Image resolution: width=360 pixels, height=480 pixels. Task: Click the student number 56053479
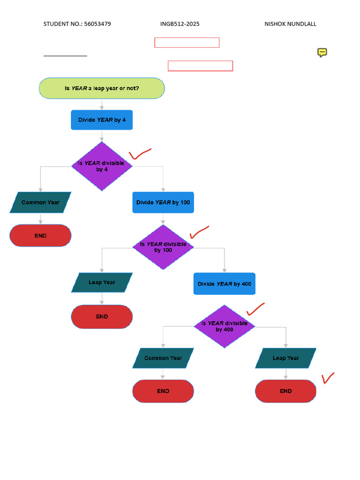tap(97, 24)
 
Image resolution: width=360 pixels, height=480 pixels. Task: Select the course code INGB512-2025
tap(180, 24)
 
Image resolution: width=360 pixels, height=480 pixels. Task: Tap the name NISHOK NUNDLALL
tap(290, 24)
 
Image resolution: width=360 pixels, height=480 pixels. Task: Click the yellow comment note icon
tap(322, 52)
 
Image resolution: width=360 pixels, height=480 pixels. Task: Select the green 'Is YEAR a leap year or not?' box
tap(102, 88)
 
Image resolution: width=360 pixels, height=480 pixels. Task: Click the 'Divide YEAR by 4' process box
tap(102, 120)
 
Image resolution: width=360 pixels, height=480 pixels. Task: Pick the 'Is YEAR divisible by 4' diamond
tap(102, 166)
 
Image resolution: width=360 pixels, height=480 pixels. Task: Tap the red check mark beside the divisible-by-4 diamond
tap(139, 154)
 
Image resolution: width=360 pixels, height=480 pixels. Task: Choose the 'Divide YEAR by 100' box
tap(163, 202)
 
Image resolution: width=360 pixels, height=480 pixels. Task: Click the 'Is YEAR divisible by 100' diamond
tap(163, 247)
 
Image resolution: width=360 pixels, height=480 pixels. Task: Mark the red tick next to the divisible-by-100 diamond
tap(199, 232)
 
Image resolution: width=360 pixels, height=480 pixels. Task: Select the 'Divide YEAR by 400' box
tap(225, 284)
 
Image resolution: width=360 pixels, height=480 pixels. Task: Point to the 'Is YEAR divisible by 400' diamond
tap(225, 326)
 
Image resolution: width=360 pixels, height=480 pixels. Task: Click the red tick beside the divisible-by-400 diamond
tap(255, 309)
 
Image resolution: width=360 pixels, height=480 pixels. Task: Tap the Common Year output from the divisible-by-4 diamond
tap(40, 202)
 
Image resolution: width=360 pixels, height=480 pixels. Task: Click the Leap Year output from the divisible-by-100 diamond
tap(102, 283)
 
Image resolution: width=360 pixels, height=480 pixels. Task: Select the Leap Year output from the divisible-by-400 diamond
tap(285, 358)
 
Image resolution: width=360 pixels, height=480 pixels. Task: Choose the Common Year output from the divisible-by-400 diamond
tap(163, 358)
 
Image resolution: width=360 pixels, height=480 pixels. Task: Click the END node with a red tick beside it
tap(285, 391)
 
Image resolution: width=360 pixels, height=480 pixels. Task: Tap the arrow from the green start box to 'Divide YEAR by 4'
tap(102, 105)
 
